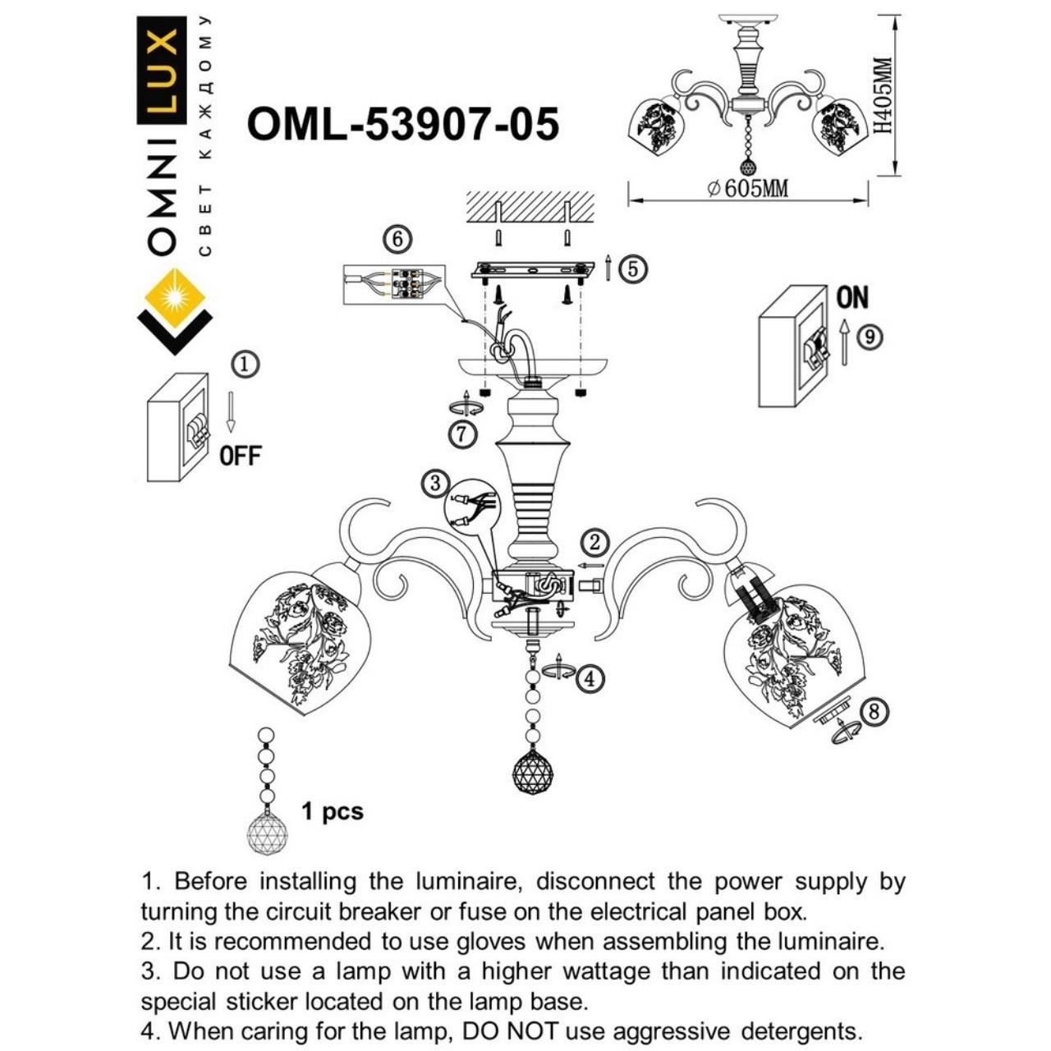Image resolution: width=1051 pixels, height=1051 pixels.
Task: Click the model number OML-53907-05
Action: pyautogui.click(x=402, y=125)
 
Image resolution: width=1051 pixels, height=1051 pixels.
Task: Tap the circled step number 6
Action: pyautogui.click(x=397, y=239)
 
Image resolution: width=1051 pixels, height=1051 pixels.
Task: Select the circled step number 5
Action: pyautogui.click(x=632, y=268)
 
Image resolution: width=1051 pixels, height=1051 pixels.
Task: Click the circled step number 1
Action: pyautogui.click(x=246, y=365)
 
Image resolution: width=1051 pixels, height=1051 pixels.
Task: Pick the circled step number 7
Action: pyautogui.click(x=463, y=434)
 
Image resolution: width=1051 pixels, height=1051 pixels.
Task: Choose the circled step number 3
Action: pyautogui.click(x=436, y=483)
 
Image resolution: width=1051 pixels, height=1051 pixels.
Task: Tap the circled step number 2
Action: pyautogui.click(x=595, y=542)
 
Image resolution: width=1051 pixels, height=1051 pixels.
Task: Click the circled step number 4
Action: pyautogui.click(x=590, y=678)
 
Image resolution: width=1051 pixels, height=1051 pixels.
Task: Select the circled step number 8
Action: pyautogui.click(x=874, y=711)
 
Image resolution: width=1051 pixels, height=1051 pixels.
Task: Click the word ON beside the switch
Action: pyautogui.click(x=852, y=298)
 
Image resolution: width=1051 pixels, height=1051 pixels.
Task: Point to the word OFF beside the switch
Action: pyautogui.click(x=240, y=456)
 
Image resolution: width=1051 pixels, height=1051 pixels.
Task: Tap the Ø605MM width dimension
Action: pyautogui.click(x=747, y=189)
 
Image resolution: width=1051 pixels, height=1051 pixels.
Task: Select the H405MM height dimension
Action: pyautogui.click(x=882, y=96)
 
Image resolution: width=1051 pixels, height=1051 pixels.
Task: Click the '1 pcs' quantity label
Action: pyautogui.click(x=332, y=812)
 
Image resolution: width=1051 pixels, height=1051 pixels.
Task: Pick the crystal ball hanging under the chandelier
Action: pyautogui.click(x=532, y=771)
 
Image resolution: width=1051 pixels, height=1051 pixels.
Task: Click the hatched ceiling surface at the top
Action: pyautogui.click(x=530, y=206)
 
